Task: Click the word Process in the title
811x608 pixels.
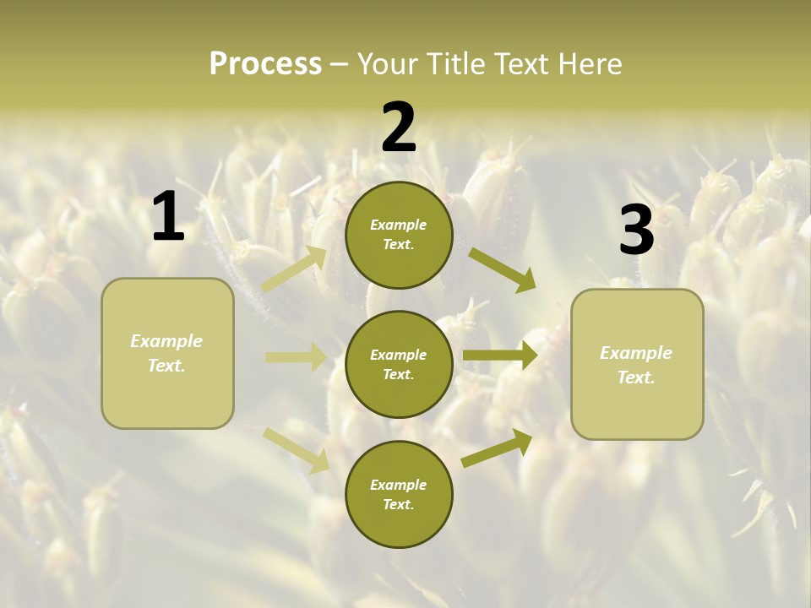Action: point(265,64)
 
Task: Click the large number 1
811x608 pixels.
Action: point(168,217)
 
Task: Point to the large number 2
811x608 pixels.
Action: point(399,128)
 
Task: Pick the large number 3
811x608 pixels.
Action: point(636,231)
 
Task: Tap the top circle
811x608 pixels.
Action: point(399,235)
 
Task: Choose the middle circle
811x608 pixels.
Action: point(399,365)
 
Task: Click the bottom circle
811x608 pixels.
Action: point(399,495)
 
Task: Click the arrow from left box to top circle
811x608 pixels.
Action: point(295,269)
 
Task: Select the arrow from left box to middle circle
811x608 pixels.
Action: point(296,357)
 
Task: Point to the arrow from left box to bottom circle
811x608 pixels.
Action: point(296,449)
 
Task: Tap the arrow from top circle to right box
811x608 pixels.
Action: point(502,269)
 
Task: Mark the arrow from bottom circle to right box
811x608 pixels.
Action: point(497,448)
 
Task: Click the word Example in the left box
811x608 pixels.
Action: point(166,341)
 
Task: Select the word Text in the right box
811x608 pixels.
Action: point(635,377)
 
